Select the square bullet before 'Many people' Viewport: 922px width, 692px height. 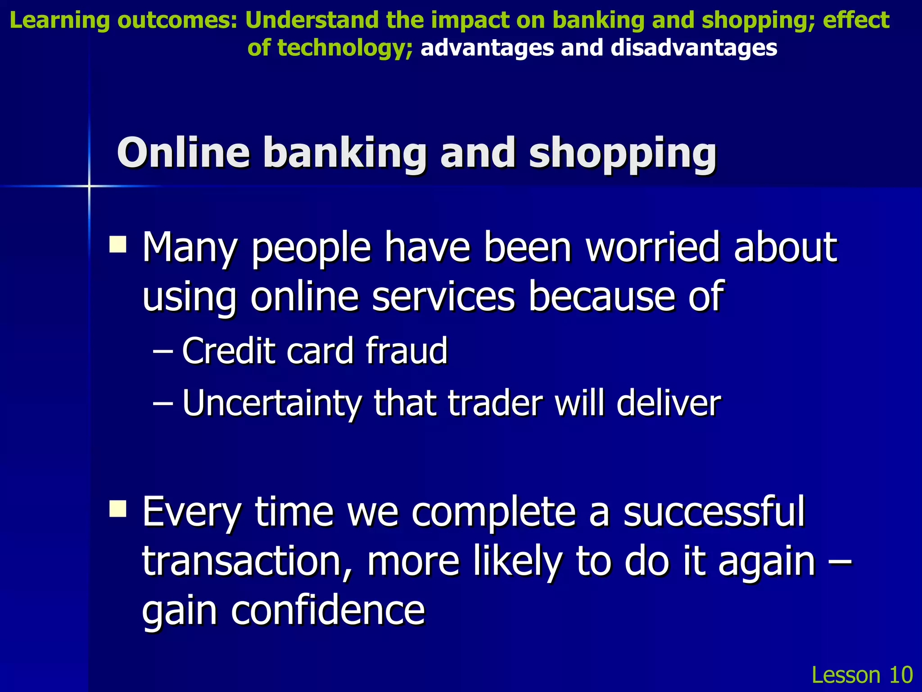tap(118, 245)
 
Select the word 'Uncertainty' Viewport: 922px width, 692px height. tap(270, 403)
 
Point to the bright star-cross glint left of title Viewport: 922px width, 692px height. tap(89, 186)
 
